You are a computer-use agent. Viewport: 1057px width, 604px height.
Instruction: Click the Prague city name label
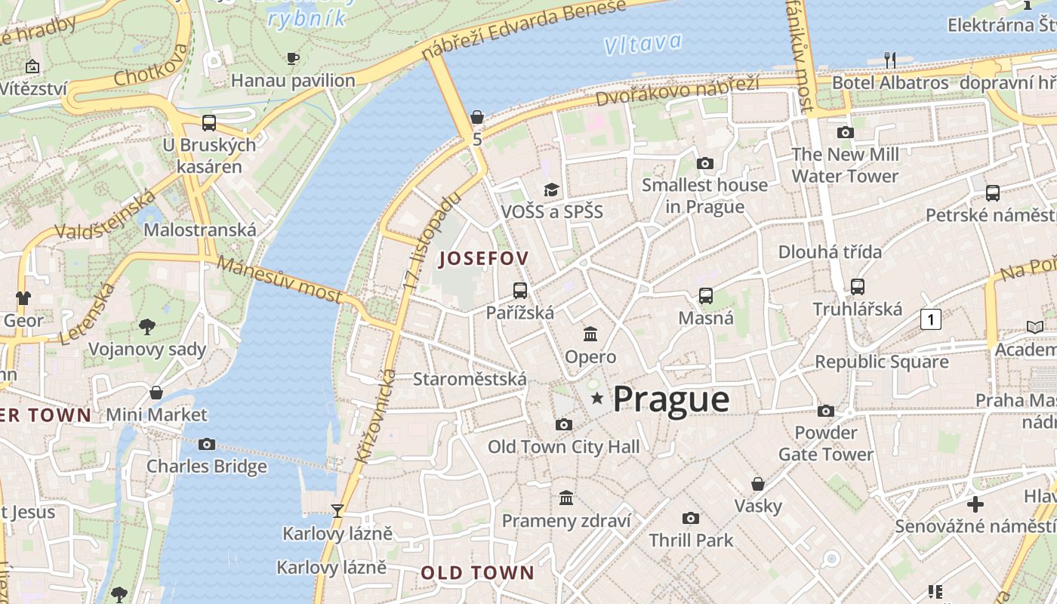tap(670, 399)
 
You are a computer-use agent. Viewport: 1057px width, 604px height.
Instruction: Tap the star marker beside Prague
tap(597, 398)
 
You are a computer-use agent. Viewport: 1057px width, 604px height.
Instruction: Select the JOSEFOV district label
tap(483, 258)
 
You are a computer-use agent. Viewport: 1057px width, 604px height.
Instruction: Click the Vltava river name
tap(643, 44)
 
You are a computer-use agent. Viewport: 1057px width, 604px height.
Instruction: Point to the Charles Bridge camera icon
tap(207, 444)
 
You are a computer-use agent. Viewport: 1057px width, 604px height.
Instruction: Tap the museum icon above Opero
tap(590, 334)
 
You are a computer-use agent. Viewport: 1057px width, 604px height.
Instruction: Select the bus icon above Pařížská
tap(520, 290)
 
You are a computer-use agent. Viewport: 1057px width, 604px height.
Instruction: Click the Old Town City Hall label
tap(563, 447)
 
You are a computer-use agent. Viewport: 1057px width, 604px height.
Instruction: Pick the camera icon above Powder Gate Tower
tap(826, 411)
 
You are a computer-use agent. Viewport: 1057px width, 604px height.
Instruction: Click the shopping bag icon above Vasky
tap(758, 484)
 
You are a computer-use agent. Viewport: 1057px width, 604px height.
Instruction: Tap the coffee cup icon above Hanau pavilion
tap(293, 58)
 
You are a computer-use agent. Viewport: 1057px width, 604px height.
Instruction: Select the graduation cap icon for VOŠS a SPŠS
tap(552, 190)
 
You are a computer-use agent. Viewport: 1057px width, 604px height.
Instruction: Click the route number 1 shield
tap(931, 320)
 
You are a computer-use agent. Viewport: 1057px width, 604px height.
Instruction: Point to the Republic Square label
tap(881, 362)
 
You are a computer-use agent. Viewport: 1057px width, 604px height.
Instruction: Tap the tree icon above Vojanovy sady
tap(147, 326)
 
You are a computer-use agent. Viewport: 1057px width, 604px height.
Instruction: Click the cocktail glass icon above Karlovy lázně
tap(337, 511)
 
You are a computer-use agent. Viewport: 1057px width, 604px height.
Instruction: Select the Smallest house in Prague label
tap(704, 196)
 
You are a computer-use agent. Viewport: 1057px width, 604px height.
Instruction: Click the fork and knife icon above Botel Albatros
tap(890, 60)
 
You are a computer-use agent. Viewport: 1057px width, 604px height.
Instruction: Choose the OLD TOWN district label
tap(477, 572)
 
